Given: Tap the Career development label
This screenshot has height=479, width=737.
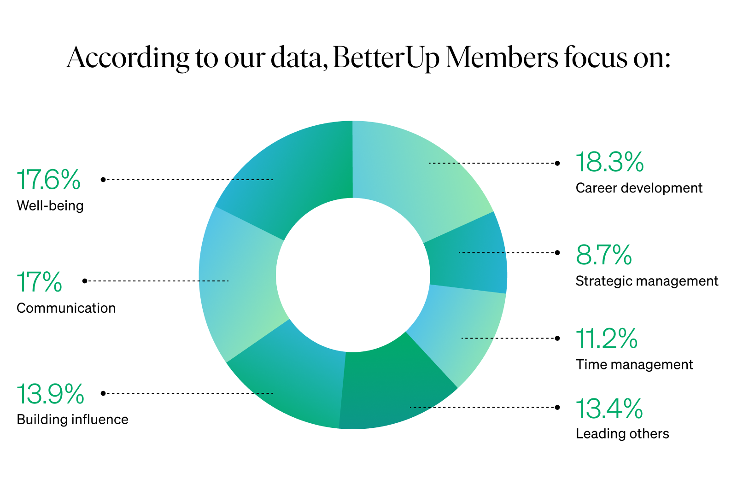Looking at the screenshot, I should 639,188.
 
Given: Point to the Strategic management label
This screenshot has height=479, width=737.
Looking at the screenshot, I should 647,281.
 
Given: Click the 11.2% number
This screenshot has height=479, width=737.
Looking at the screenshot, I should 607,339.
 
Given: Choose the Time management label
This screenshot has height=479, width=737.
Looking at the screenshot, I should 634,365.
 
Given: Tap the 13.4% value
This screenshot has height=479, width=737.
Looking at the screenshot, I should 609,409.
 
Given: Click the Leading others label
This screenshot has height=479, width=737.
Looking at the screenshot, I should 622,434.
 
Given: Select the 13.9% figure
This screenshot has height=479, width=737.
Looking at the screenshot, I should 50,394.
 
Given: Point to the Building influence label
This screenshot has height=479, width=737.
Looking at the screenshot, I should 72,420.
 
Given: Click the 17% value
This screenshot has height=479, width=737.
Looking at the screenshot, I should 39,282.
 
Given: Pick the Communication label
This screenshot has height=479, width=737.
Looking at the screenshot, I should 66,308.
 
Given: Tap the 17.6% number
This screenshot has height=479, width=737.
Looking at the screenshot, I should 48,180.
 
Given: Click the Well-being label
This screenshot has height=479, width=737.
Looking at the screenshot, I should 50,205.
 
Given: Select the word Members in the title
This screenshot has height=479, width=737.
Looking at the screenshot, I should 502,58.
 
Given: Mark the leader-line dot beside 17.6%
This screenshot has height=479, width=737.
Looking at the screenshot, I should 103,180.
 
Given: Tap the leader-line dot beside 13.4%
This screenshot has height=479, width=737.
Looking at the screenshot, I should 557,407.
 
